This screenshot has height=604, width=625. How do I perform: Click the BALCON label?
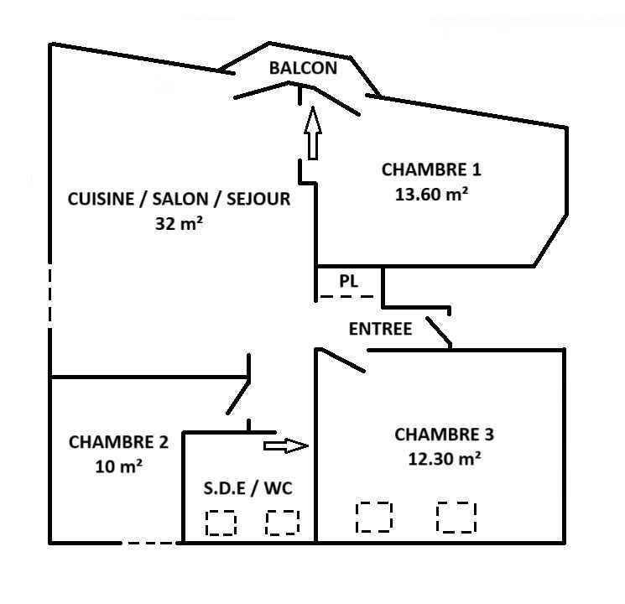tap(303, 69)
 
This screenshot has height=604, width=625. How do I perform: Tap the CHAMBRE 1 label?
tap(431, 169)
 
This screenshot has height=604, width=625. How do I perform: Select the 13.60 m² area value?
tap(431, 194)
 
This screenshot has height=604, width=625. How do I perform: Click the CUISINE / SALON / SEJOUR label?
tap(179, 199)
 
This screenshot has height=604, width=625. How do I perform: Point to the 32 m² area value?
tap(180, 224)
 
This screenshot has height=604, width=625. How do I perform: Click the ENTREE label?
tap(380, 329)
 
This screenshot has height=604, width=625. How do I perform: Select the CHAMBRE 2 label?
tap(118, 441)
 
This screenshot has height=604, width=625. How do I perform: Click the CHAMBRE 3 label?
tap(444, 435)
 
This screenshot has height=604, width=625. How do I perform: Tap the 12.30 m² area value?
tap(444, 459)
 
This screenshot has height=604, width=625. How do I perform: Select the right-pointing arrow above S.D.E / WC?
tap(286, 445)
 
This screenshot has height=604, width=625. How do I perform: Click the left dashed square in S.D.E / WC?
tap(221, 523)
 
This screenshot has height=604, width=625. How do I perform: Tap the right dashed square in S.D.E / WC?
tap(283, 523)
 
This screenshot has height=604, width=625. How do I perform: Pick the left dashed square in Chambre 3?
tap(374, 517)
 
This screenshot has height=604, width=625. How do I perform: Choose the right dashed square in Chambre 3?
tap(456, 517)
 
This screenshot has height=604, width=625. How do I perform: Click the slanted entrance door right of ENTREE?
tap(439, 331)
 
